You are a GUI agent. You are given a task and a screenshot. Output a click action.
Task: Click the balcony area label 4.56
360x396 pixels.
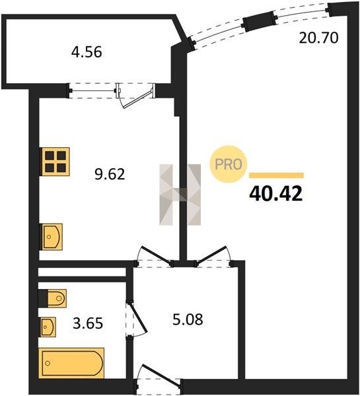click(x=87, y=52)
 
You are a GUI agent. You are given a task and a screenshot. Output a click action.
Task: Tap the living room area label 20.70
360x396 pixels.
click(x=318, y=38)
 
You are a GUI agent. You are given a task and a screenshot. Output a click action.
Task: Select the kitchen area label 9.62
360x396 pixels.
click(x=110, y=174)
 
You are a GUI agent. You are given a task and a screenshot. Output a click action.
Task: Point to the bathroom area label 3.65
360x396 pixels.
click(x=88, y=323)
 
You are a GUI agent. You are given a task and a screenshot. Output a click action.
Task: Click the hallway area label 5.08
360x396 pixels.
click(x=188, y=319)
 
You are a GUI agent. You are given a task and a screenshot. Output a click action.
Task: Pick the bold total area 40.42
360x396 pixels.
click(x=276, y=193)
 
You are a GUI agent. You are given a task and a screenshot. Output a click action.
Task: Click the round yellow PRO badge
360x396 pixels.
click(x=229, y=164)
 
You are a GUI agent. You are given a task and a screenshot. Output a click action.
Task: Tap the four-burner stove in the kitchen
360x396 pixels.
click(x=55, y=162)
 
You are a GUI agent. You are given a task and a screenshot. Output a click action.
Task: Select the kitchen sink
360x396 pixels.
click(x=52, y=237)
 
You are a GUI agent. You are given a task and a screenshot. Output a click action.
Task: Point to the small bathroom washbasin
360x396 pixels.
click(x=48, y=327)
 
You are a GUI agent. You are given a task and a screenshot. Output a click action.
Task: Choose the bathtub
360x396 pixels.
click(x=71, y=363)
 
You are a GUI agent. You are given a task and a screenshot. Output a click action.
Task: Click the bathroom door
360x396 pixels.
click(x=137, y=317)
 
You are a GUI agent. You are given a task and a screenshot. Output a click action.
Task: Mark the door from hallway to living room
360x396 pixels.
click(x=211, y=255)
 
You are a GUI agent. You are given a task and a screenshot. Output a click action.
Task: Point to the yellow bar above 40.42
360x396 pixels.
click(x=276, y=176)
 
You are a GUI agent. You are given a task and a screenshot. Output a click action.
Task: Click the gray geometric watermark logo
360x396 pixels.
click(x=180, y=195)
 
